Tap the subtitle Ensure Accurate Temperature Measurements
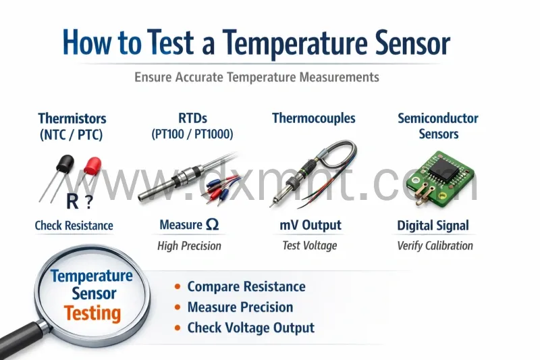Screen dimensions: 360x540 (x=256, y=77)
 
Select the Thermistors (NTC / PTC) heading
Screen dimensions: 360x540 (x=72, y=126)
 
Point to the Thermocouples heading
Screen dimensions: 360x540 (x=314, y=118)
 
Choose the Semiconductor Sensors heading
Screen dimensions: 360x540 (x=438, y=126)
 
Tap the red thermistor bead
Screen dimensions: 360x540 (x=92, y=163)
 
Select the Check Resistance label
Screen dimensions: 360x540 (x=74, y=226)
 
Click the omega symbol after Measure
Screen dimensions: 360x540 (x=212, y=225)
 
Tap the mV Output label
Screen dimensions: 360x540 (x=310, y=225)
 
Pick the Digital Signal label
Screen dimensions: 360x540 (x=433, y=226)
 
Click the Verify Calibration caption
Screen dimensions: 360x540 (x=435, y=246)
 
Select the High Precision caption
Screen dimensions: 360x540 (x=189, y=246)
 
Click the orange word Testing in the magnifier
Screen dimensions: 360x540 (x=92, y=313)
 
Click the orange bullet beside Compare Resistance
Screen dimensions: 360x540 (x=177, y=287)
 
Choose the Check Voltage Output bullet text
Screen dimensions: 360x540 (x=250, y=328)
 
